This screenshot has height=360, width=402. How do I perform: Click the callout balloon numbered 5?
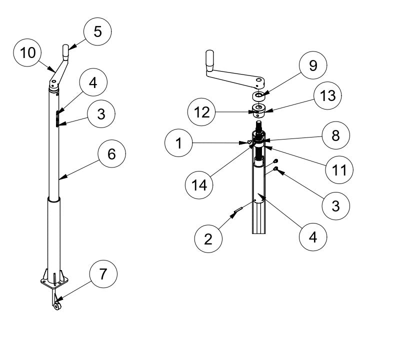coord(97,32)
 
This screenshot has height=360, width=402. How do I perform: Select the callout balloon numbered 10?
coord(28,52)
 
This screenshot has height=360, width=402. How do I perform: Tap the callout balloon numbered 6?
coord(111,154)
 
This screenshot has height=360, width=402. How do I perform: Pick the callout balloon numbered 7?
coord(103,274)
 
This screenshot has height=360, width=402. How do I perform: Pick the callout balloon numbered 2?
coord(208,238)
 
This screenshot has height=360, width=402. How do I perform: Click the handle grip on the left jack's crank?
coord(65,50)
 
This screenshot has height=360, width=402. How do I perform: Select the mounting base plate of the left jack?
coord(53,283)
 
